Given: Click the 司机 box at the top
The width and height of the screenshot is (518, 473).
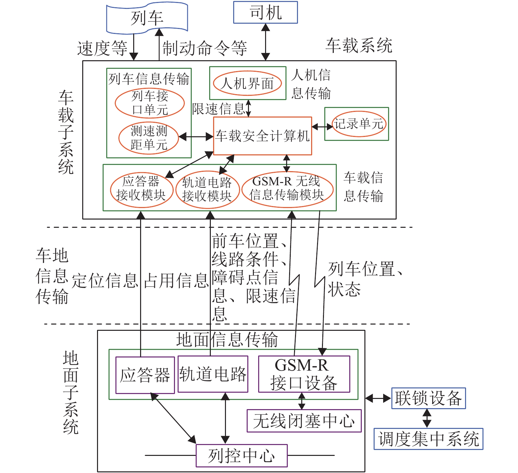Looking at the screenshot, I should click(x=265, y=13).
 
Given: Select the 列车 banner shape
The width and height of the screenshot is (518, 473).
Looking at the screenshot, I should click(x=147, y=18).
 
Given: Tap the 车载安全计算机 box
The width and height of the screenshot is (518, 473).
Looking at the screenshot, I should click(x=262, y=136).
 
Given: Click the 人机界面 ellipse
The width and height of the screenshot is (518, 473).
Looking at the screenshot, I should click(x=247, y=83).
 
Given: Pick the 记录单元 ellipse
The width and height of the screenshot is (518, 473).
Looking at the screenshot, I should click(x=358, y=124).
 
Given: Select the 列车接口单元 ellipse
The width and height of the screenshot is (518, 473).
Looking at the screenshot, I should click(x=150, y=103).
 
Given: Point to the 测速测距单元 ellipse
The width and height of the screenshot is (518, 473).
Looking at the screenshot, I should click(x=149, y=138).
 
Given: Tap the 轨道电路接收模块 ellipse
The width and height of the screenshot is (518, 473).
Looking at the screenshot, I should click(x=207, y=189).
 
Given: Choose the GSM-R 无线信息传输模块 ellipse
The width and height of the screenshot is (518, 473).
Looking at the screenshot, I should click(x=287, y=189).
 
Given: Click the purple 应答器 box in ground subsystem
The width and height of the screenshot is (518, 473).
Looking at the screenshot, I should click(x=145, y=375).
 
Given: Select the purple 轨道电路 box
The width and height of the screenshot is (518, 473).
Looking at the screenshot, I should click(x=213, y=374).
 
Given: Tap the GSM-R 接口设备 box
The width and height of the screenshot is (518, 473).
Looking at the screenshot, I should click(x=304, y=374).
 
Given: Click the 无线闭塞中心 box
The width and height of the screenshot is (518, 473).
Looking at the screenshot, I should click(x=304, y=421).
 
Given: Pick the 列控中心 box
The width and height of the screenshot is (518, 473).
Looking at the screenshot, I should click(x=241, y=456).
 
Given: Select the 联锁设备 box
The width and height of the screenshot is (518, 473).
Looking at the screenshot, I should click(x=428, y=398).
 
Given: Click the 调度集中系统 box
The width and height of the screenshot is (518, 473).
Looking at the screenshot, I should click(x=428, y=439).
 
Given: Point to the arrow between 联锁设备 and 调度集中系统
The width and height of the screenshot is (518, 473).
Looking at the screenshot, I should click(x=427, y=418).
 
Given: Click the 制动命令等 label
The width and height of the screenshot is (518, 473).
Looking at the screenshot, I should click(x=205, y=48).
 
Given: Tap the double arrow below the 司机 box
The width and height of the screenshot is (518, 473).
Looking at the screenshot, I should click(x=265, y=42).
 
